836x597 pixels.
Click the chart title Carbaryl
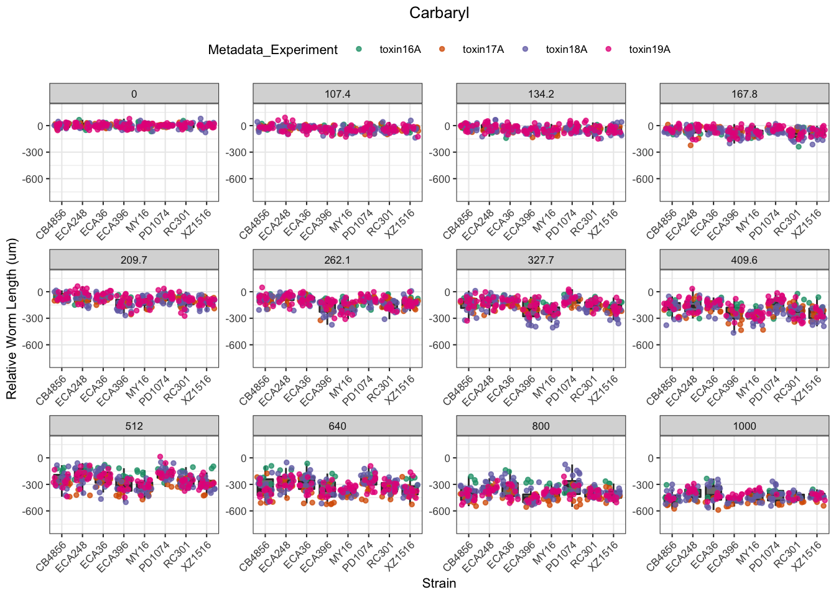[439, 13]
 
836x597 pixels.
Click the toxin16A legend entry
[400, 50]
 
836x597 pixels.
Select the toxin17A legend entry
[483, 50]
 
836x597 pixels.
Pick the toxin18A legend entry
[566, 50]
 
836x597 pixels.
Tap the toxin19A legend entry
[649, 50]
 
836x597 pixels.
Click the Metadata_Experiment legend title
[273, 50]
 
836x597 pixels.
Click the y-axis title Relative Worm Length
[12, 319]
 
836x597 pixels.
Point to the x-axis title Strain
[439, 583]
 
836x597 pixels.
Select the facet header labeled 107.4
[338, 94]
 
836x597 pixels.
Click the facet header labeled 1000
[745, 426]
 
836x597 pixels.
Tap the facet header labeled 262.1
[338, 260]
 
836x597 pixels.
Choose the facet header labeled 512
[134, 426]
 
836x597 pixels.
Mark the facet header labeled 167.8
[745, 94]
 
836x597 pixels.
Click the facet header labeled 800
[541, 426]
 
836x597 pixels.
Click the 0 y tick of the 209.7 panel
[40, 292]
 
